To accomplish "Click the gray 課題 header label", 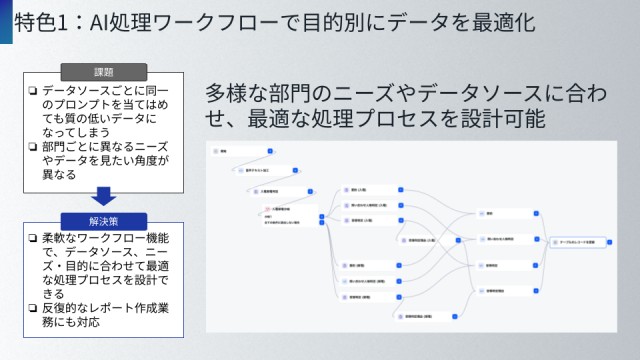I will tap(104, 72).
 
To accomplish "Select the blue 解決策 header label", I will tap(104, 220).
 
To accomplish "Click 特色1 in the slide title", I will tap(37, 24).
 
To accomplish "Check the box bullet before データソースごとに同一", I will tap(33, 91).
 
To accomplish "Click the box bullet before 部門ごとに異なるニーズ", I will tap(33, 147).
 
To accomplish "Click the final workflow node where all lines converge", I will tap(580, 243).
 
